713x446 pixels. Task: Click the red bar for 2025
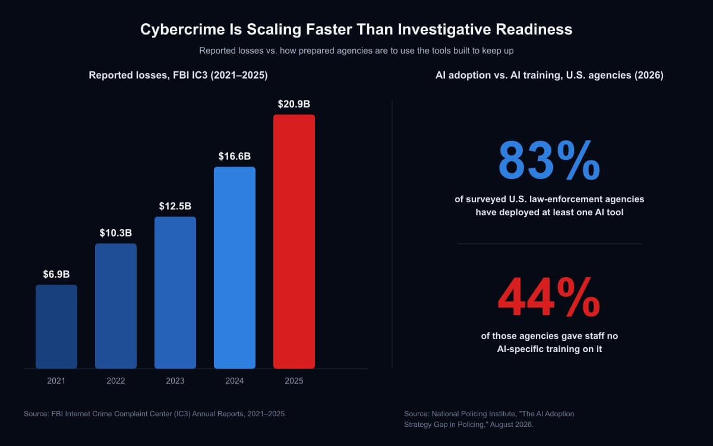[294, 241]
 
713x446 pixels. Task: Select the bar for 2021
[56, 326]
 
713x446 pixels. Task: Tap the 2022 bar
[115, 306]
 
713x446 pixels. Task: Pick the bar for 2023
[175, 293]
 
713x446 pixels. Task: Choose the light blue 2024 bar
[235, 268]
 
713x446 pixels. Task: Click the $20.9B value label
[294, 104]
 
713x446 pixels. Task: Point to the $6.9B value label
[56, 274]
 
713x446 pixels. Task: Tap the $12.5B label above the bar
[175, 206]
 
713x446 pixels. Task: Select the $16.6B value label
[235, 156]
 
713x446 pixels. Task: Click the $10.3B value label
[115, 233]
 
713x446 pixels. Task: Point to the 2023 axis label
[175, 381]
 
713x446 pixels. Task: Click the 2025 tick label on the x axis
[294, 381]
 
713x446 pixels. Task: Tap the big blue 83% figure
[550, 161]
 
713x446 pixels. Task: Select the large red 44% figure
[550, 297]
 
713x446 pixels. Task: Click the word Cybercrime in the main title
[183, 30]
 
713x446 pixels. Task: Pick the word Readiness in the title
[534, 29]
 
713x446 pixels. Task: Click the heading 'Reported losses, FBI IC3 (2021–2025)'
[178, 75]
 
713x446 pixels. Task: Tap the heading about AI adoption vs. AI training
[550, 75]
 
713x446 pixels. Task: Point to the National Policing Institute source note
[489, 419]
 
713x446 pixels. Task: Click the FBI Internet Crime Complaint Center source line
[155, 414]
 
